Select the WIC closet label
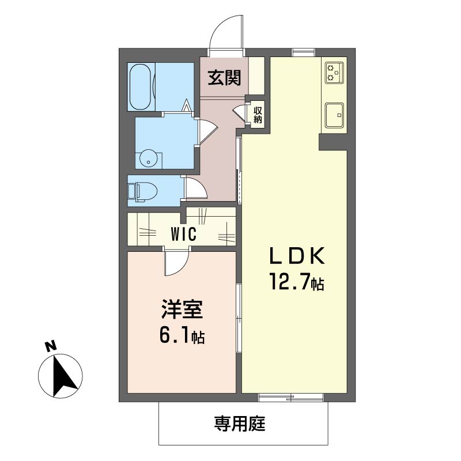point(184,235)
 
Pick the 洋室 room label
point(181,311)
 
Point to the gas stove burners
point(334,71)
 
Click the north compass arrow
point(61,377)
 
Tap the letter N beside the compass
point(50,346)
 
